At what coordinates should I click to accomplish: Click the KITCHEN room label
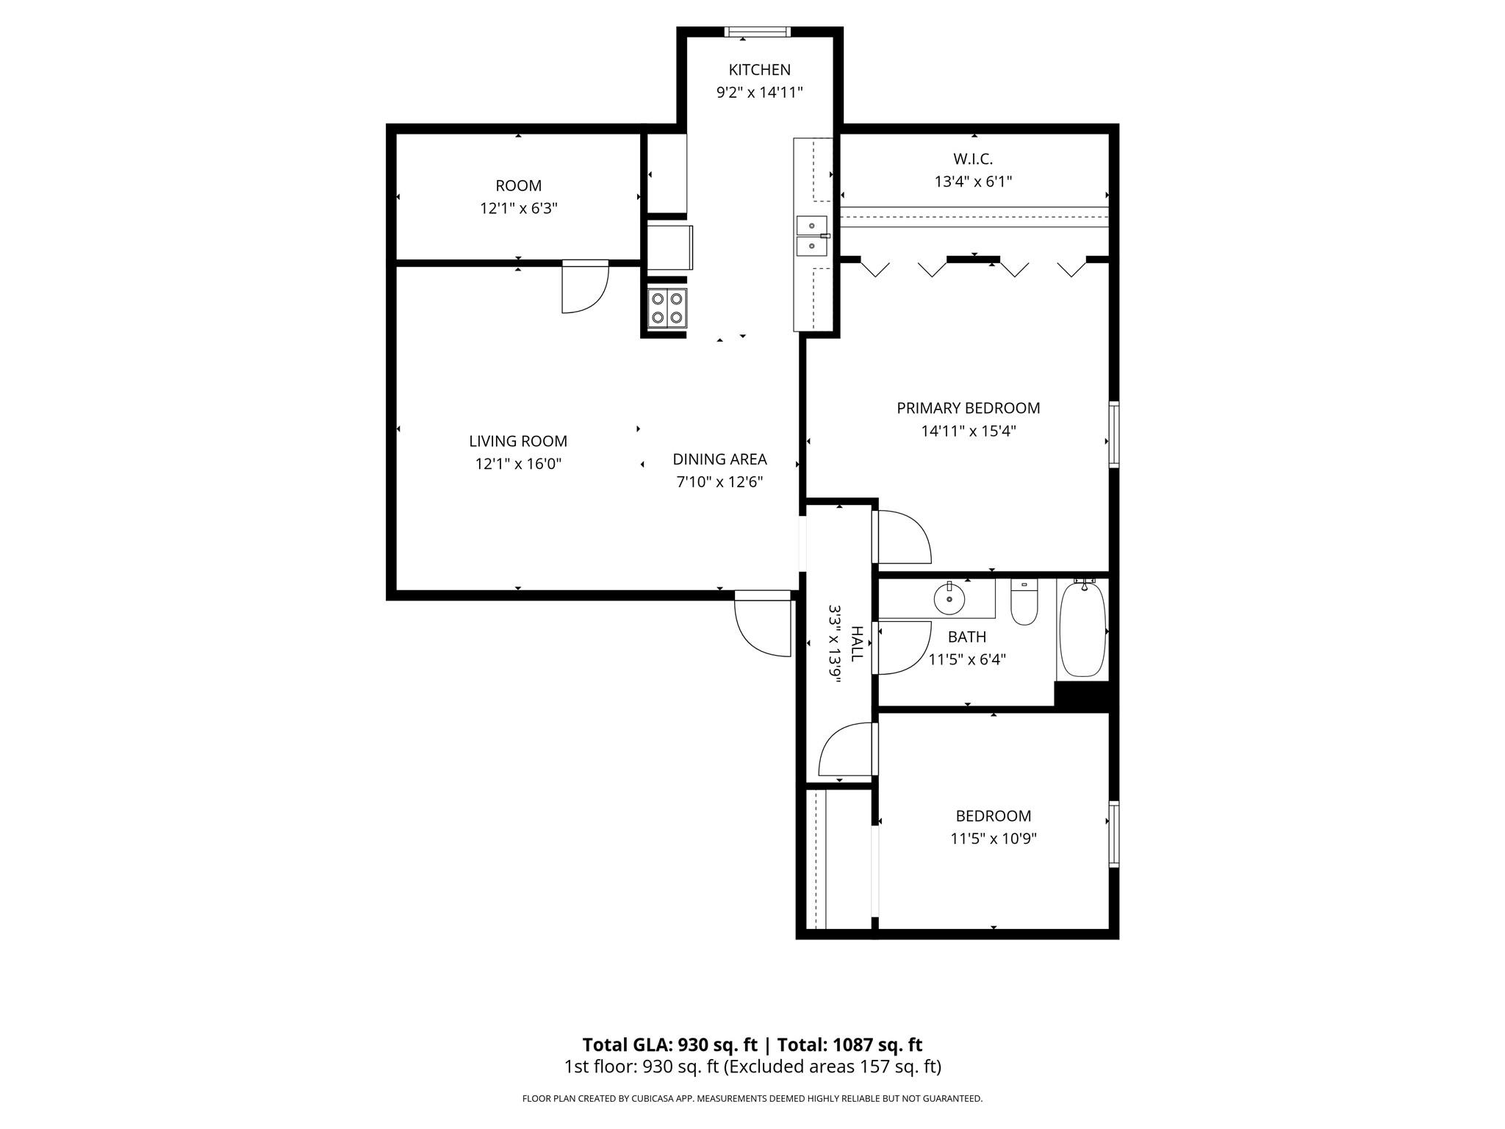tap(759, 70)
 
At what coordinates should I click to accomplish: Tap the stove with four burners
tap(667, 308)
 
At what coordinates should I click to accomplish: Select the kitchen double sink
tap(812, 236)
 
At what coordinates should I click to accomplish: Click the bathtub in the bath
tap(1082, 628)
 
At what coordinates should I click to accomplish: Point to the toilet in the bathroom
tap(1024, 603)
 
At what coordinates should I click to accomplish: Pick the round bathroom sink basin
tap(949, 599)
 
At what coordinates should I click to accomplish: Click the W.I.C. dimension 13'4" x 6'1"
tap(973, 182)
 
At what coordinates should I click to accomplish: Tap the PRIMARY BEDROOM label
tap(968, 408)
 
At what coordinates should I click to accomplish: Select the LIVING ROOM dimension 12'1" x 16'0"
tap(518, 464)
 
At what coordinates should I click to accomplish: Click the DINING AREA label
tap(719, 459)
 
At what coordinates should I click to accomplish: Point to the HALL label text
tap(856, 644)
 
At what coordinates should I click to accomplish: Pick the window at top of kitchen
tap(757, 32)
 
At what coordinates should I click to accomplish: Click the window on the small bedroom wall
tap(1113, 834)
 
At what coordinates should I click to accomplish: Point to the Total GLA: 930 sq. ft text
tap(669, 1044)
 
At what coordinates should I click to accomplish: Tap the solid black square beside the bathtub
tap(1081, 695)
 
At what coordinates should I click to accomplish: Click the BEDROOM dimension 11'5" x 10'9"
tap(993, 839)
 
